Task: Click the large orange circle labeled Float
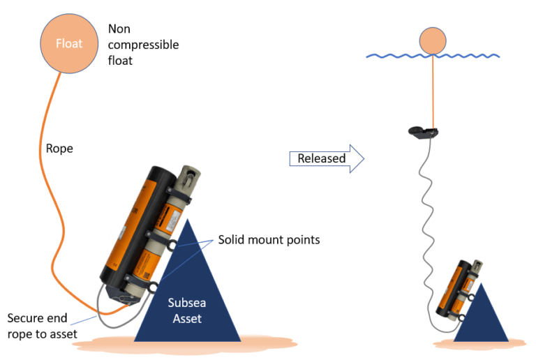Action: (x=69, y=43)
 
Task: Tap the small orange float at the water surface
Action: (x=433, y=40)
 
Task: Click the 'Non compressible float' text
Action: (x=143, y=45)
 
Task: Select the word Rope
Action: (x=59, y=149)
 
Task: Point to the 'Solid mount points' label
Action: (x=269, y=239)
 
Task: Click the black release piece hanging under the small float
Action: (x=423, y=132)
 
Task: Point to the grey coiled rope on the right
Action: (x=427, y=209)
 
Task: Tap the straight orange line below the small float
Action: (x=433, y=91)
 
